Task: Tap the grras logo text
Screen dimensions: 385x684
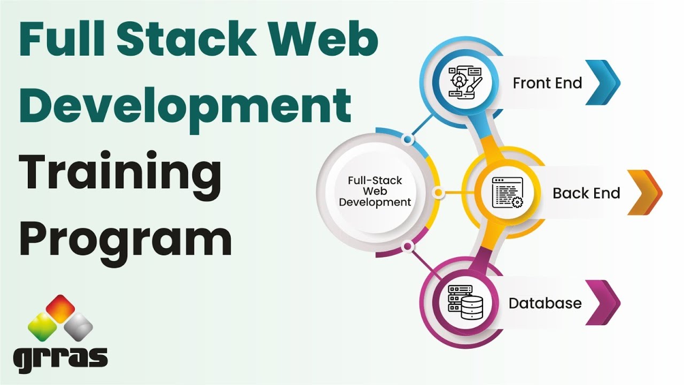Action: pyautogui.click(x=60, y=357)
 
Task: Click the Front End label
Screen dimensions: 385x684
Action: pyautogui.click(x=547, y=83)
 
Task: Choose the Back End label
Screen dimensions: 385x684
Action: pyautogui.click(x=586, y=193)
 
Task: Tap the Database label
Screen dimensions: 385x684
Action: pyautogui.click(x=545, y=303)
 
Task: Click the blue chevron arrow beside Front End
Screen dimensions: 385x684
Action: pyautogui.click(x=603, y=82)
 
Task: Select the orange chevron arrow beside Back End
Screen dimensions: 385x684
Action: pyautogui.click(x=644, y=192)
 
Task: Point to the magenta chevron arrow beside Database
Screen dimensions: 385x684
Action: pyautogui.click(x=603, y=303)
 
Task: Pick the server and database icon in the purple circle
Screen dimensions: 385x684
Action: pyautogui.click(x=464, y=303)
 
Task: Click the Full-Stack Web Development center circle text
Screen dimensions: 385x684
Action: pyautogui.click(x=375, y=191)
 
